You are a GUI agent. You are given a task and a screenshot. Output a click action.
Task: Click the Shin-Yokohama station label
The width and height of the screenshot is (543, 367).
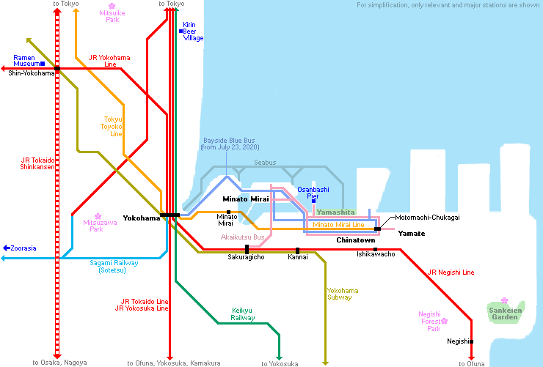click(x=32, y=73)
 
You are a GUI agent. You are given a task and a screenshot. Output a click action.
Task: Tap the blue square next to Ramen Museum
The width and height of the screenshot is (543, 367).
click(x=43, y=64)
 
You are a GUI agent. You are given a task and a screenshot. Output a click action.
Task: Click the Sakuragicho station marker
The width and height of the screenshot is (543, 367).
click(x=247, y=249)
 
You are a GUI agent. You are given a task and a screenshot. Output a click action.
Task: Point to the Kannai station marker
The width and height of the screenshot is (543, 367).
click(x=297, y=251)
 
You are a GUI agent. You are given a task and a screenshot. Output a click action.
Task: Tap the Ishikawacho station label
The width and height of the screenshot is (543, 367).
click(x=376, y=254)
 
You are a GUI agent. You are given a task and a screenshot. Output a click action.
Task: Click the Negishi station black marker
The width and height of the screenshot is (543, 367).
click(x=471, y=341)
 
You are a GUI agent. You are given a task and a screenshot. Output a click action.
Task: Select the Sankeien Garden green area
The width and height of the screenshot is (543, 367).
click(x=506, y=312)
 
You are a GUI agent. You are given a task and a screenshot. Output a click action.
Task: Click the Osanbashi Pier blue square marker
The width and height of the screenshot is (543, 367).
click(x=314, y=201)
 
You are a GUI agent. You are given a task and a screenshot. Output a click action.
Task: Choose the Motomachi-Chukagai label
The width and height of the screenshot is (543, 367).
click(x=427, y=218)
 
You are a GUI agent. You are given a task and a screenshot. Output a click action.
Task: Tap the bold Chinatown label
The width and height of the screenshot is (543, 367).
click(x=356, y=240)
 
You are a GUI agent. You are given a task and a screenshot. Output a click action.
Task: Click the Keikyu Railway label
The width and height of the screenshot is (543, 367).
click(x=243, y=314)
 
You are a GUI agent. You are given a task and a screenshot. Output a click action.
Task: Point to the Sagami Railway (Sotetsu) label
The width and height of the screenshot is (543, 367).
click(x=114, y=267)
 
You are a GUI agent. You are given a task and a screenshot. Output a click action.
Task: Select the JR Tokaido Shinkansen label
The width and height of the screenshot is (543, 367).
click(x=37, y=163)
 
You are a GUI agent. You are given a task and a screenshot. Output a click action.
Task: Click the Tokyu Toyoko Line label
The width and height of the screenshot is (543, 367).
click(x=112, y=127)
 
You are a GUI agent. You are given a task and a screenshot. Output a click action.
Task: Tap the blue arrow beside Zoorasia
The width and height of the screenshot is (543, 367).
click(x=7, y=248)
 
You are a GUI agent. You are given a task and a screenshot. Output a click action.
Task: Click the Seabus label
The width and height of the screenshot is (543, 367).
click(x=265, y=163)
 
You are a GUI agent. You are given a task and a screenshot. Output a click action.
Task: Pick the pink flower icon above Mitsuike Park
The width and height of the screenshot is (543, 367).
click(x=112, y=6)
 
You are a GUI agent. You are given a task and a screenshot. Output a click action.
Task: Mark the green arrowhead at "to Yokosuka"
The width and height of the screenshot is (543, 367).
click(x=279, y=358)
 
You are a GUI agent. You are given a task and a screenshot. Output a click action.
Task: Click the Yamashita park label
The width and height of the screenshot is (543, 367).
click(x=335, y=212)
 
